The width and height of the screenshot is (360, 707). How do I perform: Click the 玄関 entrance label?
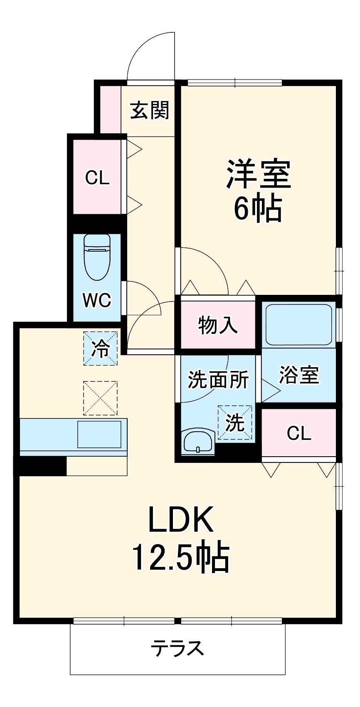click(150, 111)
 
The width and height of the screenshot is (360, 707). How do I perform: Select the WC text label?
click(97, 300)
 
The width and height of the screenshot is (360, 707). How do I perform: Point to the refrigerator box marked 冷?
click(100, 348)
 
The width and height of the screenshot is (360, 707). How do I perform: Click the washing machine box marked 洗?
click(235, 423)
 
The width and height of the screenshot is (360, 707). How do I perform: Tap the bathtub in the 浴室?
click(298, 324)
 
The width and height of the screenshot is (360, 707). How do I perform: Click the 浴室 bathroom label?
click(299, 375)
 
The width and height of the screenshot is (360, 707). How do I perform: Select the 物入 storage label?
click(218, 325)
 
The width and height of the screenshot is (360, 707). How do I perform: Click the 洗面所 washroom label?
click(218, 379)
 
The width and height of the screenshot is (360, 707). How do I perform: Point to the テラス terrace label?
click(178, 648)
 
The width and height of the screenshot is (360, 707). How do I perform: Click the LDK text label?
click(181, 520)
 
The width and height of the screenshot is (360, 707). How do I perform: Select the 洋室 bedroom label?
click(258, 174)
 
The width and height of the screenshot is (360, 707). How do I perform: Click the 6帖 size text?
click(258, 208)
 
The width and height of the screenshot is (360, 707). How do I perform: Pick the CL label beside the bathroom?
click(299, 434)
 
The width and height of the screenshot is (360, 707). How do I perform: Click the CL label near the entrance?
click(97, 178)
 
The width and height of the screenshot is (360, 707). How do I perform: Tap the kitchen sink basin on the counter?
click(99, 435)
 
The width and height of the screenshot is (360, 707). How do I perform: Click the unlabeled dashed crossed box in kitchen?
click(100, 398)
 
